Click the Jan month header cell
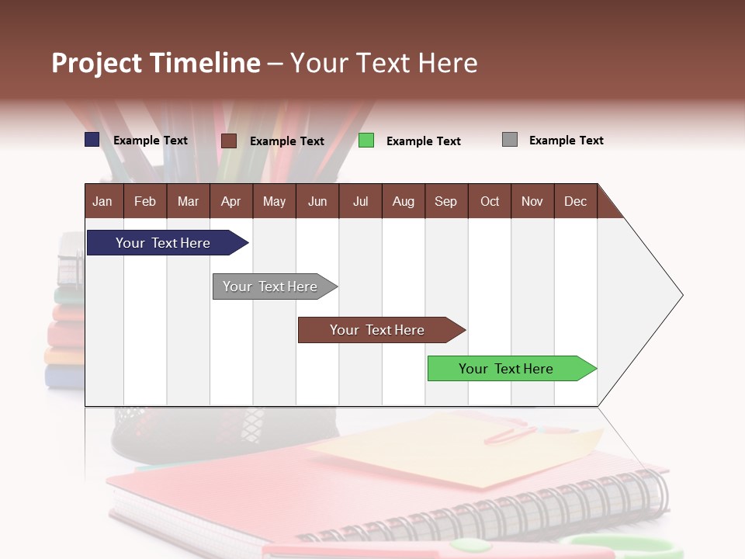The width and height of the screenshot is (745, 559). (103, 201)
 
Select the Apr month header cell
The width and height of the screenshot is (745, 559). (231, 201)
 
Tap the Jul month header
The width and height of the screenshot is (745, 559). (360, 201)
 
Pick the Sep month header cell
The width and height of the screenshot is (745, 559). (446, 201)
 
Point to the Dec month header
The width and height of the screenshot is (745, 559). (575, 201)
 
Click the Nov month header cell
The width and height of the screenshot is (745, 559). (532, 201)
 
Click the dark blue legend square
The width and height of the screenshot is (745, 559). (92, 140)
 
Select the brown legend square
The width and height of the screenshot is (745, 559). (229, 141)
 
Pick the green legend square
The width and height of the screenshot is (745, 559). (366, 141)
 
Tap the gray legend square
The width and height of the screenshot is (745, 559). (510, 140)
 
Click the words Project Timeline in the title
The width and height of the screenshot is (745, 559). (156, 63)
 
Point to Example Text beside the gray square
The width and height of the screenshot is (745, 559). (566, 141)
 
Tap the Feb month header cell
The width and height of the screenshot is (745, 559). (145, 201)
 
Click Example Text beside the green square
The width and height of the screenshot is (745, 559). (423, 141)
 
